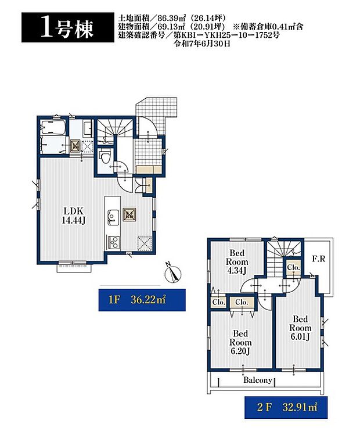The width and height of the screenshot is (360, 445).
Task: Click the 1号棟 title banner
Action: click(x=68, y=27)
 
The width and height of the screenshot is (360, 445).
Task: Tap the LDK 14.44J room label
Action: click(x=74, y=216)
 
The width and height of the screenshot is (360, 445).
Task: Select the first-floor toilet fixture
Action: click(x=105, y=156)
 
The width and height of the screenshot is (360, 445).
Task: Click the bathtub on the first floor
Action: click(x=53, y=128)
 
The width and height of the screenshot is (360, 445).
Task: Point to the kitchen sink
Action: click(x=113, y=217)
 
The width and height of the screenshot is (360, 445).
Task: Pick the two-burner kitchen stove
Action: click(x=113, y=242)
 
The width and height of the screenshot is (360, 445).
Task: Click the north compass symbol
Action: click(x=172, y=274)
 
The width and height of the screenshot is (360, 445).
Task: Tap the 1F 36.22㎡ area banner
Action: click(x=142, y=300)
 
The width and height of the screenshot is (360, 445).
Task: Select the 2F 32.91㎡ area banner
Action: click(x=286, y=408)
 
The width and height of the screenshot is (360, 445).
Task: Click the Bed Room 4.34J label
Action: click(x=237, y=261)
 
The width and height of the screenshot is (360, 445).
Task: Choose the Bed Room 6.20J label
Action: click(x=240, y=342)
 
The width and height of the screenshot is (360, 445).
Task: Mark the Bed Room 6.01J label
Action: click(x=300, y=328)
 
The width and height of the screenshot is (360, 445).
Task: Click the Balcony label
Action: click(x=258, y=380)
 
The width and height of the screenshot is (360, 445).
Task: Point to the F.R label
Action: click(x=319, y=259)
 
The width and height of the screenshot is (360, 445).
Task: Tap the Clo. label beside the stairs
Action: click(x=293, y=267)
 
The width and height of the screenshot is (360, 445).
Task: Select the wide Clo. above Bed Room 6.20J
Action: click(x=242, y=302)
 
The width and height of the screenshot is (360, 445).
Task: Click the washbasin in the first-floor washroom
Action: click(x=88, y=127)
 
